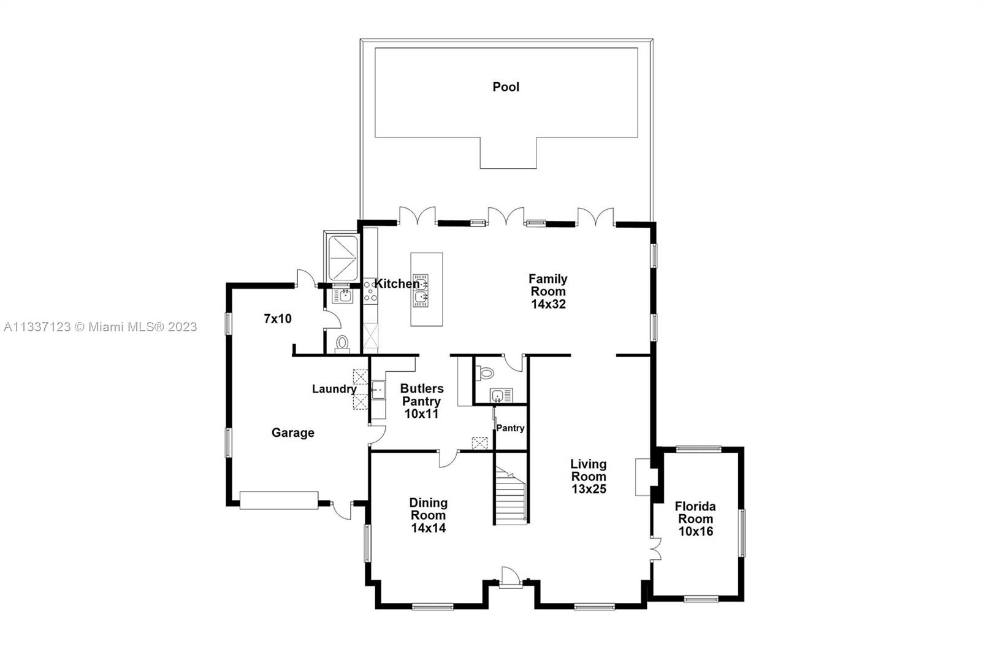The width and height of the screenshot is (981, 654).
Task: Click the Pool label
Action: click(x=506, y=87)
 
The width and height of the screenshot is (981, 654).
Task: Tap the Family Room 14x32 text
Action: click(x=548, y=291)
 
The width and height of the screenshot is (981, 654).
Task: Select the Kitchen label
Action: click(x=397, y=284)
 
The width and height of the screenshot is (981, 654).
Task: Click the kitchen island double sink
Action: click(x=421, y=291)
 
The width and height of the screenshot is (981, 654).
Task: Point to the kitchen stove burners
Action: click(x=370, y=291)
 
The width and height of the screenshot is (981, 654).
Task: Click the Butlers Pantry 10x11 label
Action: click(x=422, y=401)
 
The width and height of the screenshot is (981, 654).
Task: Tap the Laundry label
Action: click(x=334, y=389)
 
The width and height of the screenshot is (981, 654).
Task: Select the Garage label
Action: click(x=293, y=433)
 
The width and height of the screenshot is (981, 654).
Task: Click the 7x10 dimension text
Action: click(x=278, y=318)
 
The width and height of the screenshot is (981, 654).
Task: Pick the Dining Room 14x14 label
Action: click(x=429, y=515)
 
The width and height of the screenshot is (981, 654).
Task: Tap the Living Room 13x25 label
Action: click(x=589, y=477)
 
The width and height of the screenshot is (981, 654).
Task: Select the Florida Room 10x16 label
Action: click(x=695, y=519)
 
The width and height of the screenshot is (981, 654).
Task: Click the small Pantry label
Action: click(x=510, y=428)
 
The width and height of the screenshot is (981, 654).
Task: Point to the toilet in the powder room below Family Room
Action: click(x=485, y=374)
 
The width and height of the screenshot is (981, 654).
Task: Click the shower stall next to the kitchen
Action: click(x=343, y=258)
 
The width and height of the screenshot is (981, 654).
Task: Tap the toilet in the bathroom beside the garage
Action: click(x=342, y=344)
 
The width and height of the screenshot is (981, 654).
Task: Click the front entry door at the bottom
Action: click(x=510, y=577)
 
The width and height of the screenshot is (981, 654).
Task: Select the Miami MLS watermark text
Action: click(x=101, y=327)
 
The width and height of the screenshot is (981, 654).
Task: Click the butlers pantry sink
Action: click(x=378, y=390)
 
